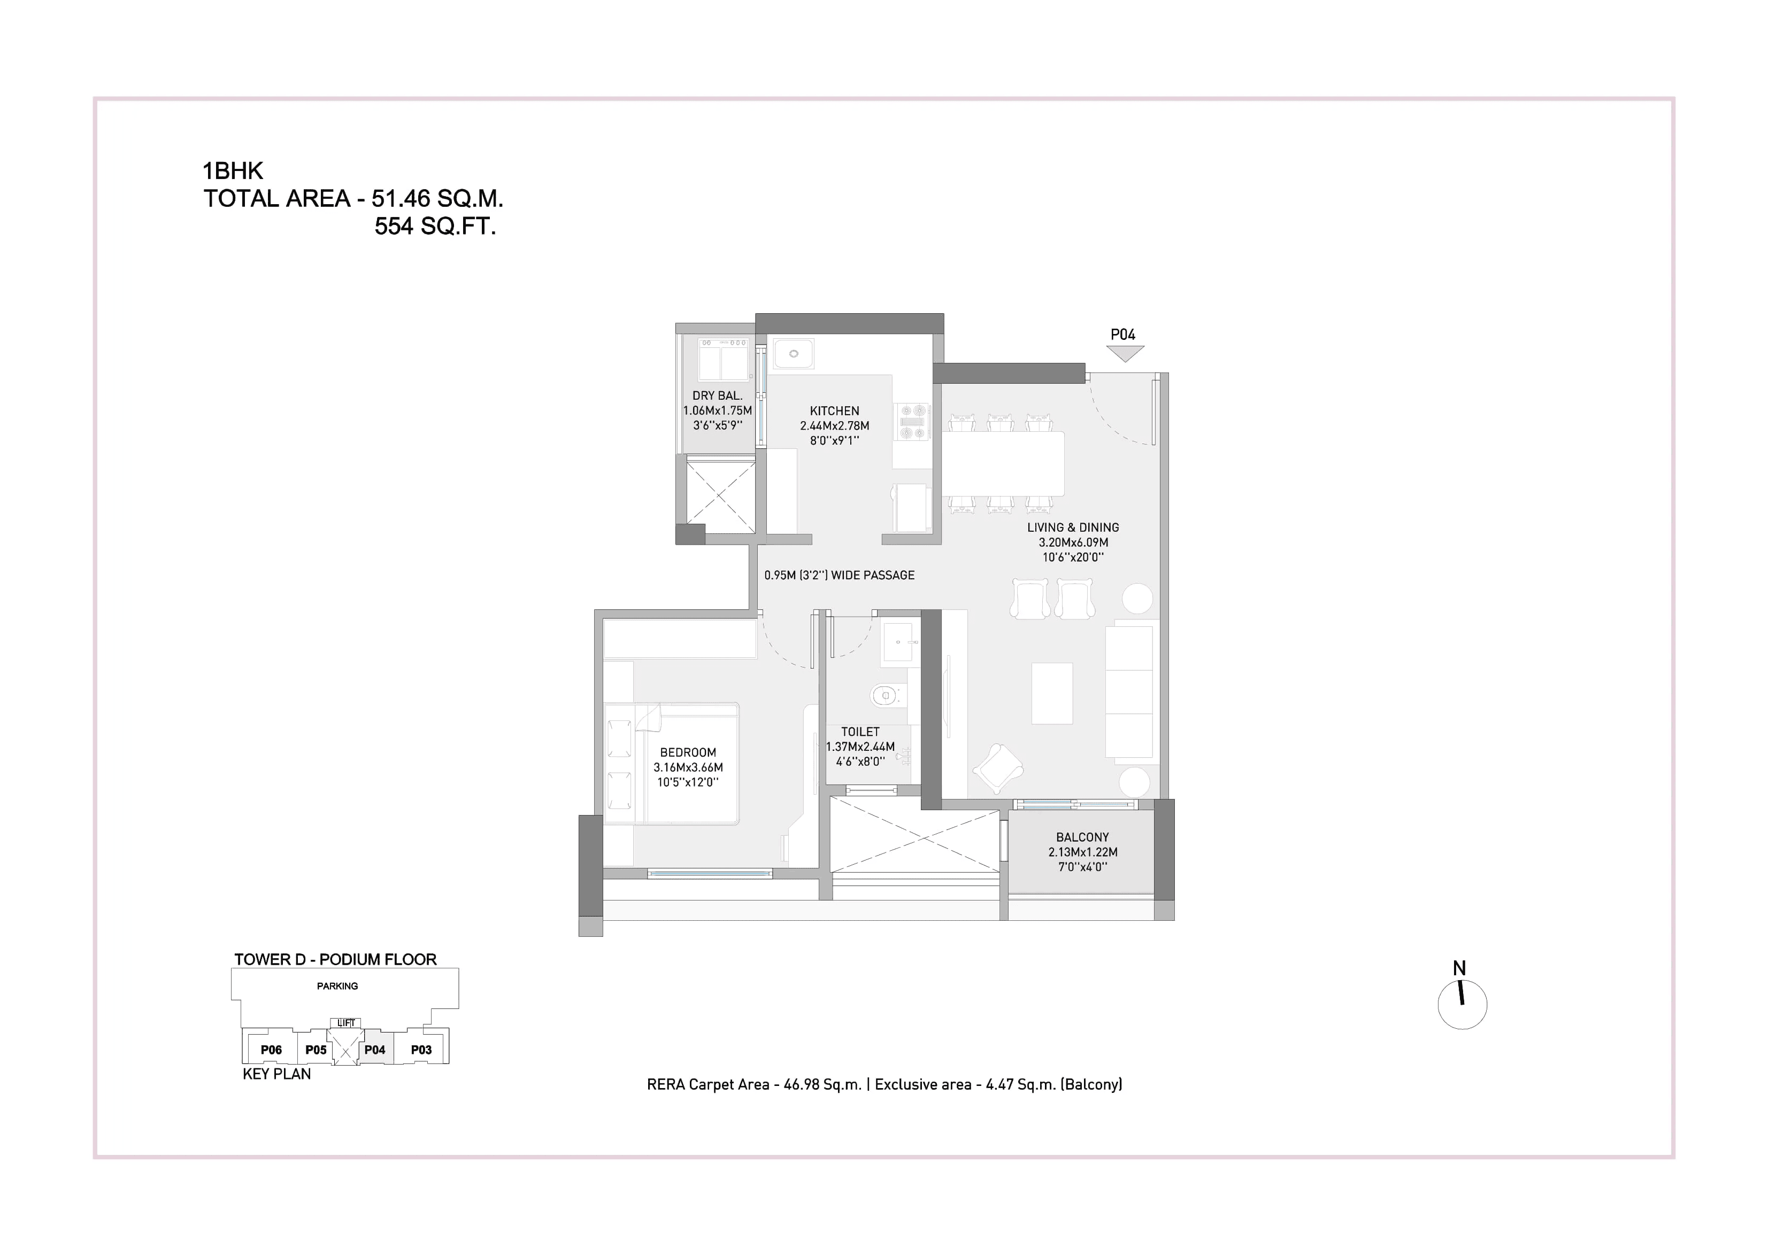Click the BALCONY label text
click(x=1082, y=837)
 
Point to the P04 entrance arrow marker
click(x=1124, y=353)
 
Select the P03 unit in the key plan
click(x=421, y=1050)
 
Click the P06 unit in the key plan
click(x=271, y=1050)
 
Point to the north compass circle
click(x=1462, y=1005)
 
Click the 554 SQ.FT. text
click(x=435, y=227)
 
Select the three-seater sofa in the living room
click(x=1129, y=692)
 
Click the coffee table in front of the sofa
click(x=1052, y=693)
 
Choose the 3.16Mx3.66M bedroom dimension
click(x=688, y=767)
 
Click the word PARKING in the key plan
click(x=337, y=986)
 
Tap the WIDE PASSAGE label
click(x=872, y=576)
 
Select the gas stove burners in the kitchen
click(x=913, y=422)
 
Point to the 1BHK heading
click(x=233, y=171)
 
